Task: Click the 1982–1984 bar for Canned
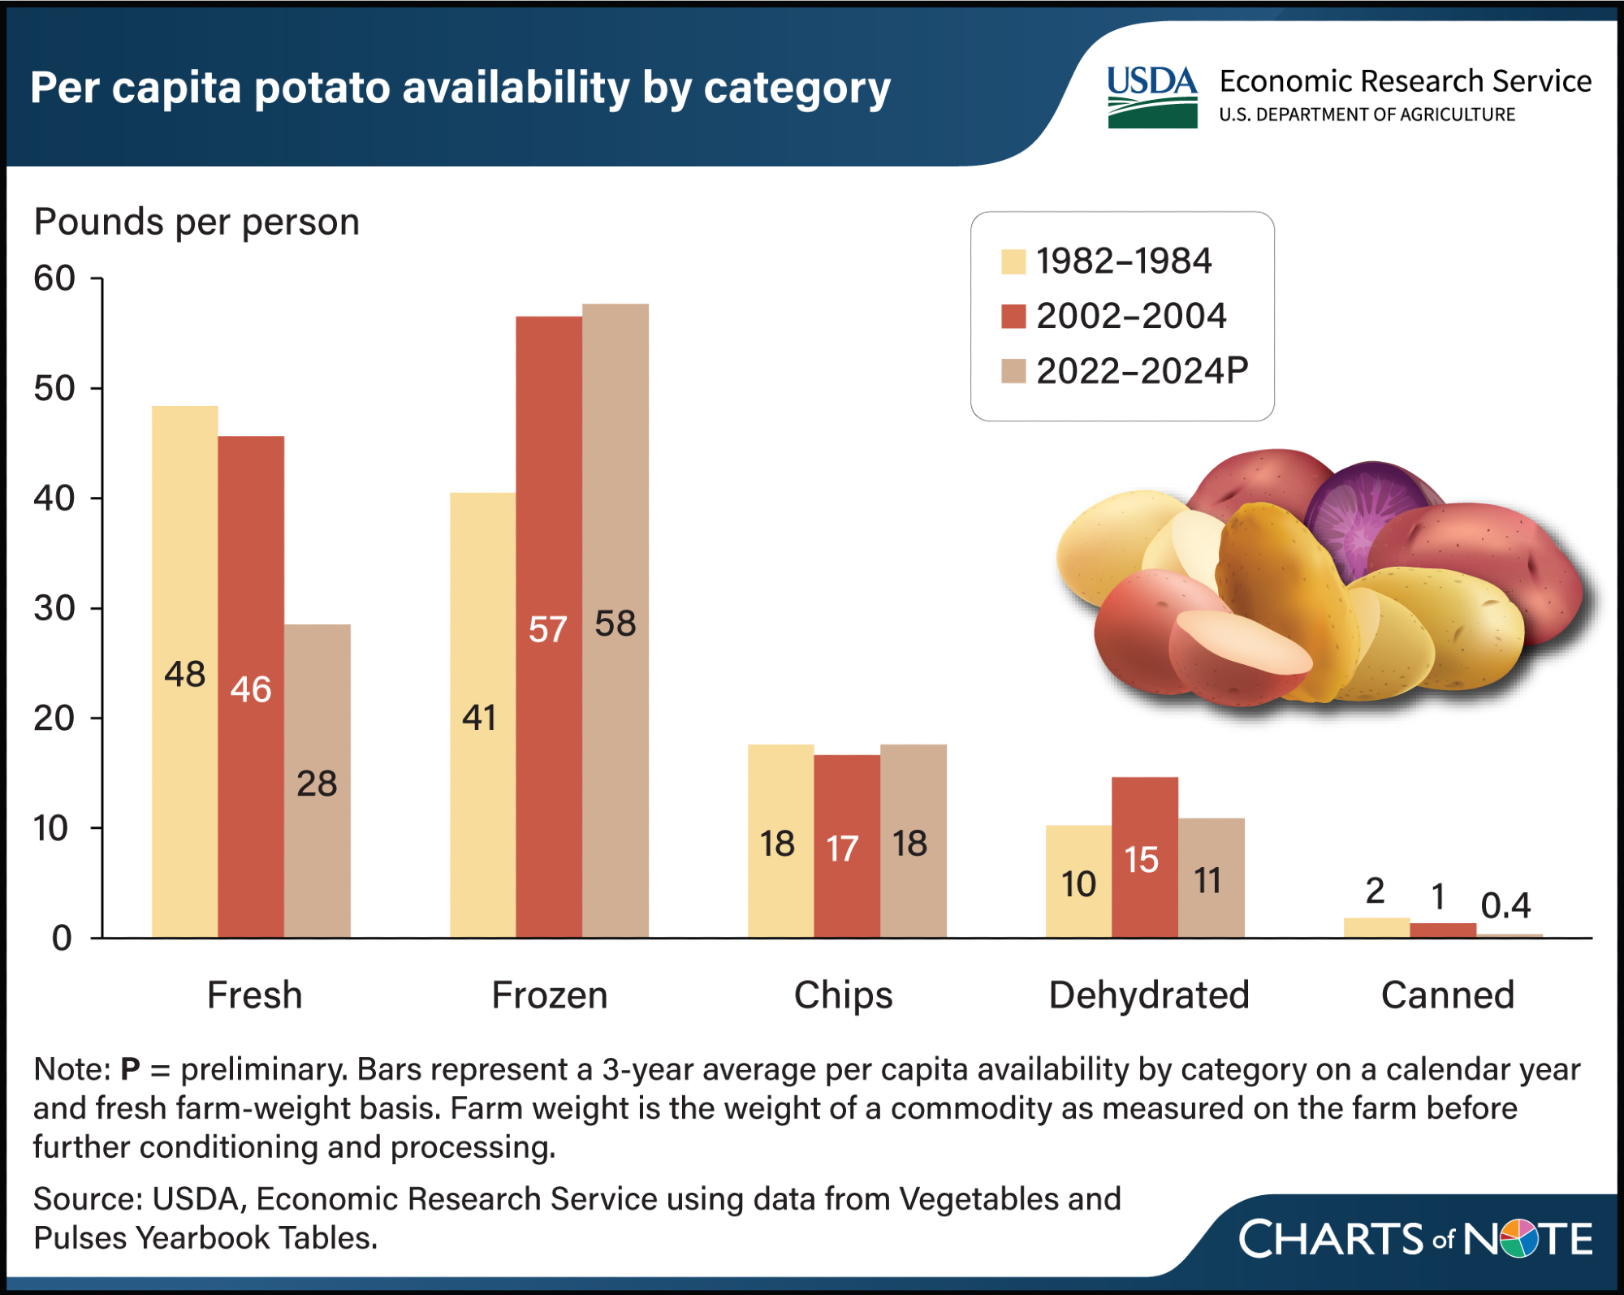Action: point(1376,927)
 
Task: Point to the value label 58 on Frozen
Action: point(615,624)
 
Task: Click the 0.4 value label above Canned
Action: point(1505,905)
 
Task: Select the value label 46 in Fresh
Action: point(251,689)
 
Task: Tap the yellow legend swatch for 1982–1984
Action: point(1013,261)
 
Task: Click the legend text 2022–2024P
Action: point(1142,371)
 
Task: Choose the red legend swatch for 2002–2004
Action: point(1013,316)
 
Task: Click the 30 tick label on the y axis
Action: point(54,608)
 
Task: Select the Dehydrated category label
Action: point(1148,995)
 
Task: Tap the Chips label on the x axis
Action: point(843,995)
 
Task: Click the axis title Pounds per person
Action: point(197,222)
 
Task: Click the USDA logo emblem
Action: point(1152,97)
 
